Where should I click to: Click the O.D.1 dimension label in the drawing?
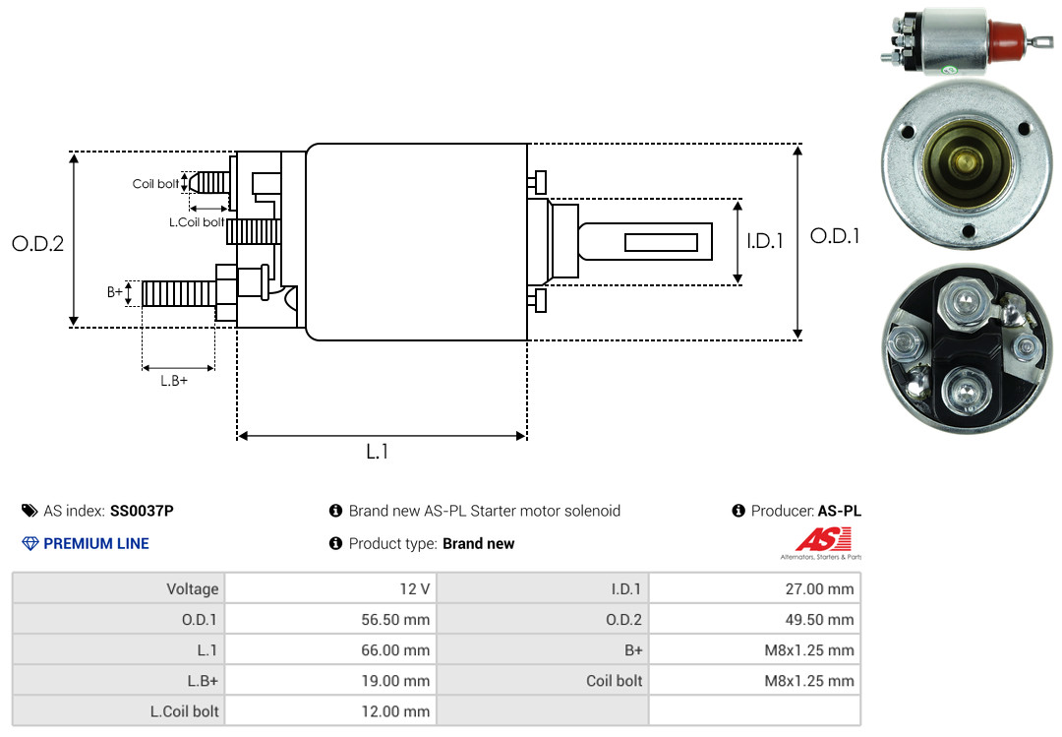click(835, 236)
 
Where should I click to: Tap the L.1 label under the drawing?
click(378, 452)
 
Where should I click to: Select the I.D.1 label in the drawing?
click(764, 240)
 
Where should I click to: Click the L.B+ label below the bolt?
click(174, 380)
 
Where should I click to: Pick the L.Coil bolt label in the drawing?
click(197, 222)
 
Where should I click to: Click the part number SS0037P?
click(142, 511)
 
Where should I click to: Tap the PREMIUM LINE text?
click(96, 543)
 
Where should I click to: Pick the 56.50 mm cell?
click(395, 620)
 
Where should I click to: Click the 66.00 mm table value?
click(395, 650)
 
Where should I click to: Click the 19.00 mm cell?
click(395, 681)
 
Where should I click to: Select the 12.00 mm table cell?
click(395, 710)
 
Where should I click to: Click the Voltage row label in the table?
click(192, 589)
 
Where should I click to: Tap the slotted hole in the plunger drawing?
click(661, 242)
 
